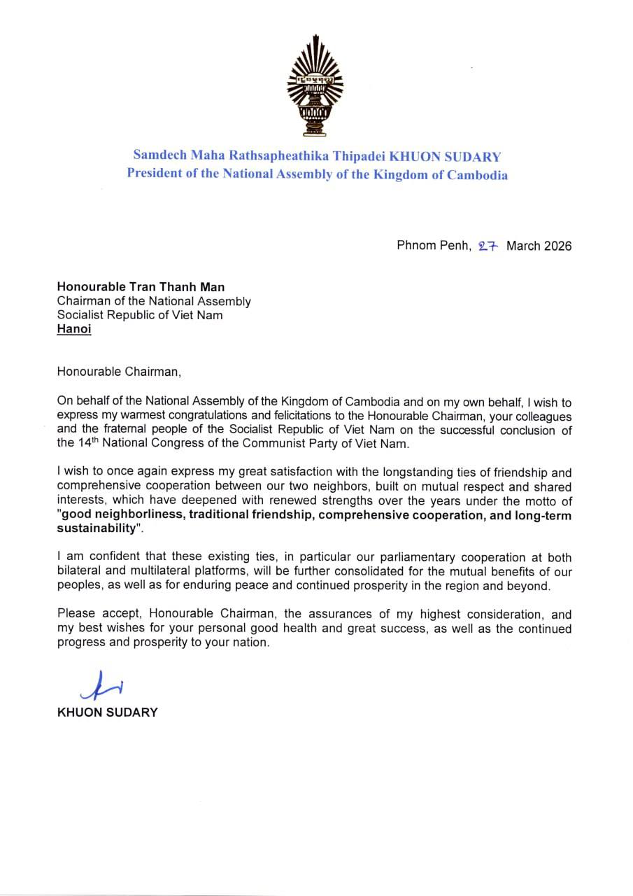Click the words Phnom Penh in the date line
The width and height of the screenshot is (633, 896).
pyautogui.click(x=434, y=246)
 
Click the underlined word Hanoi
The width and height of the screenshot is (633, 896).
pyautogui.click(x=74, y=328)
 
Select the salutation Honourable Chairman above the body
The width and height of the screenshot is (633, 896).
pyautogui.click(x=119, y=371)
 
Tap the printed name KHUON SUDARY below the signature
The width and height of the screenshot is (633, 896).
pyautogui.click(x=107, y=713)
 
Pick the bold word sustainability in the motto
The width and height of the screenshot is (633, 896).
pyautogui.click(x=94, y=529)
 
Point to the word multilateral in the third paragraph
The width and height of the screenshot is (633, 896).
pyautogui.click(x=147, y=571)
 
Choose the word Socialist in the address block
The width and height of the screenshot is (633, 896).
pyautogui.click(x=83, y=315)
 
